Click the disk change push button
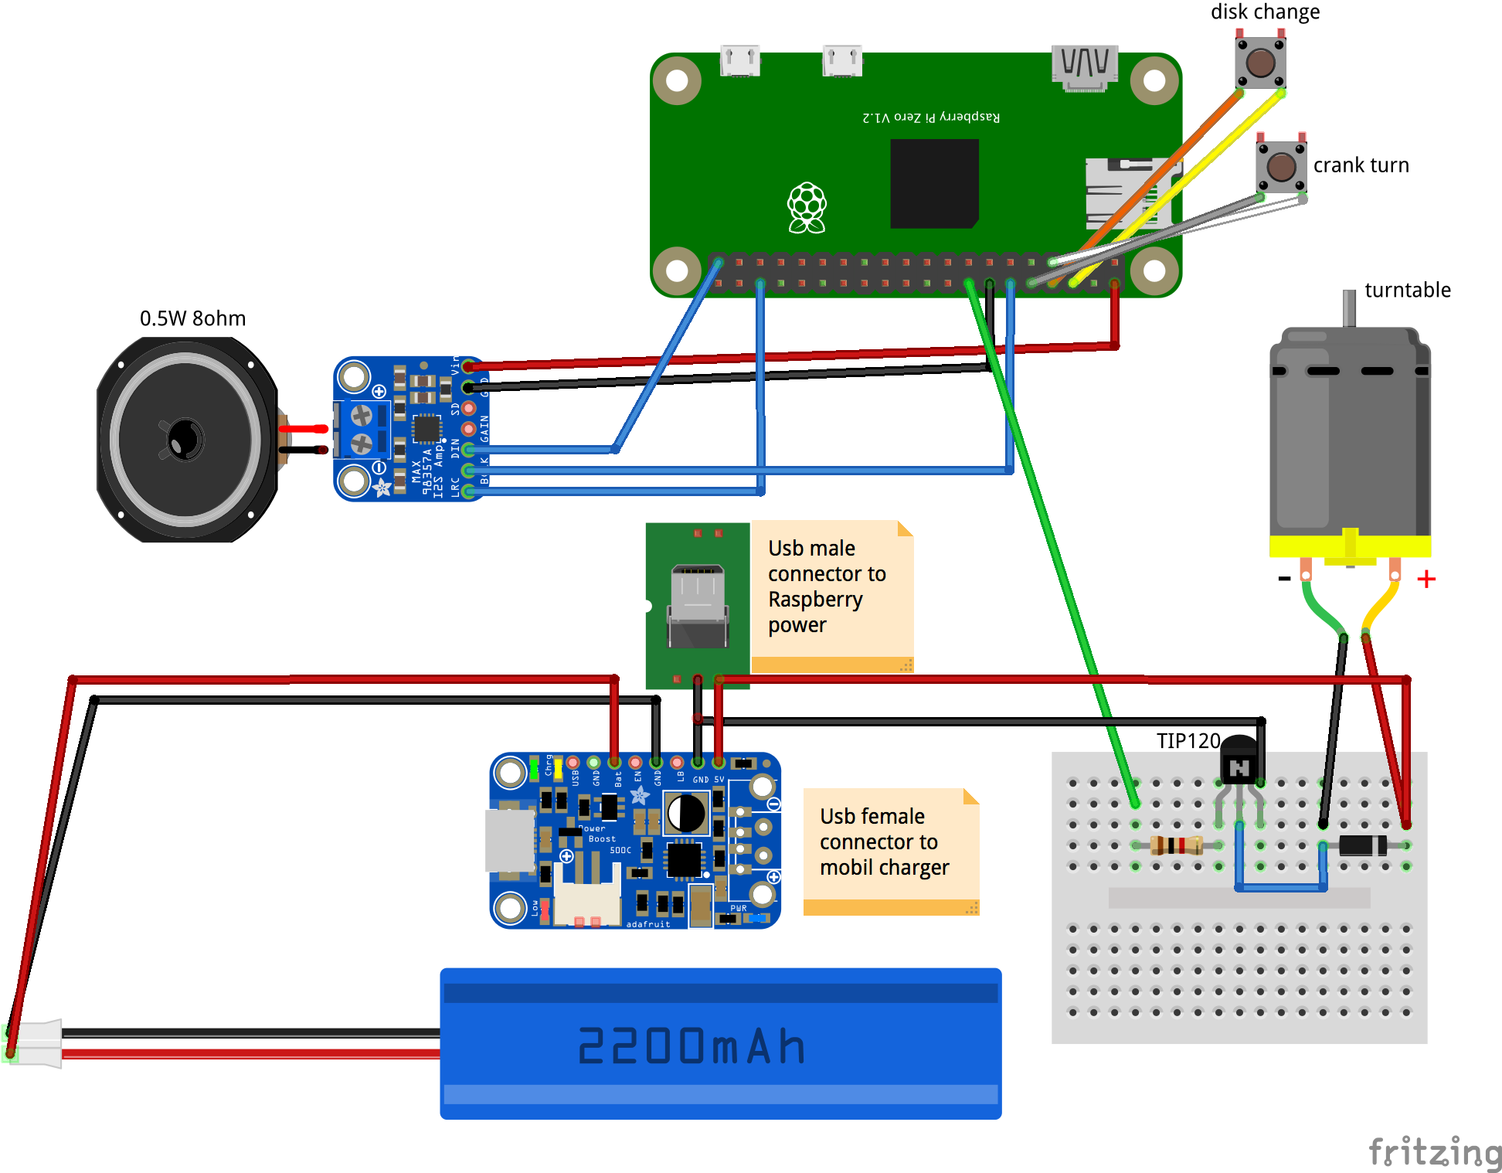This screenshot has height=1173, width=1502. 1260,63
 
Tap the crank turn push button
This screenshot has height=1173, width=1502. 1281,166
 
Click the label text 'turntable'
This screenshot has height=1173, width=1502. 1407,290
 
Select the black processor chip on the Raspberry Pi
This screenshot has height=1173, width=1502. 934,184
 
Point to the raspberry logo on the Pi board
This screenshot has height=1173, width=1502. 807,207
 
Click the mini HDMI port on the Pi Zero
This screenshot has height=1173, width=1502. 1084,66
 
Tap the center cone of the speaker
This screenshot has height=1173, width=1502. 185,439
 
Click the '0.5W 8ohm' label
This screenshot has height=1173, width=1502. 192,318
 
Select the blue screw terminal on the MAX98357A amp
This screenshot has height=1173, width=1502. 362,430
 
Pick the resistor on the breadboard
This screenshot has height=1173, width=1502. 1176,845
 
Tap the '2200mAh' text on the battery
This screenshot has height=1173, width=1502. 692,1047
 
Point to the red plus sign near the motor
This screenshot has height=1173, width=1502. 1426,579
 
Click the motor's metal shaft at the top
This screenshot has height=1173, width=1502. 1349,308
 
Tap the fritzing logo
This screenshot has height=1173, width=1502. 1434,1152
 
